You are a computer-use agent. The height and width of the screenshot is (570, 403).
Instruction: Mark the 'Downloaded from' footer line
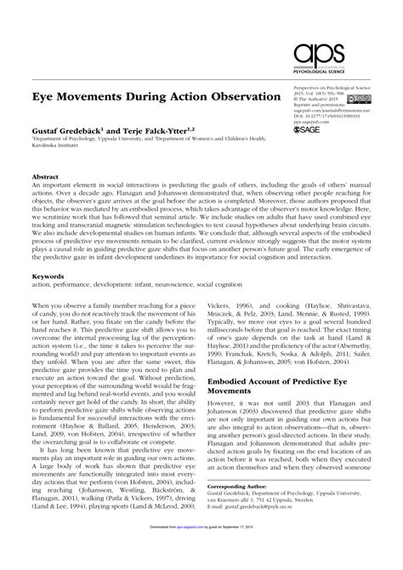pyautogui.click(x=201, y=561)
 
